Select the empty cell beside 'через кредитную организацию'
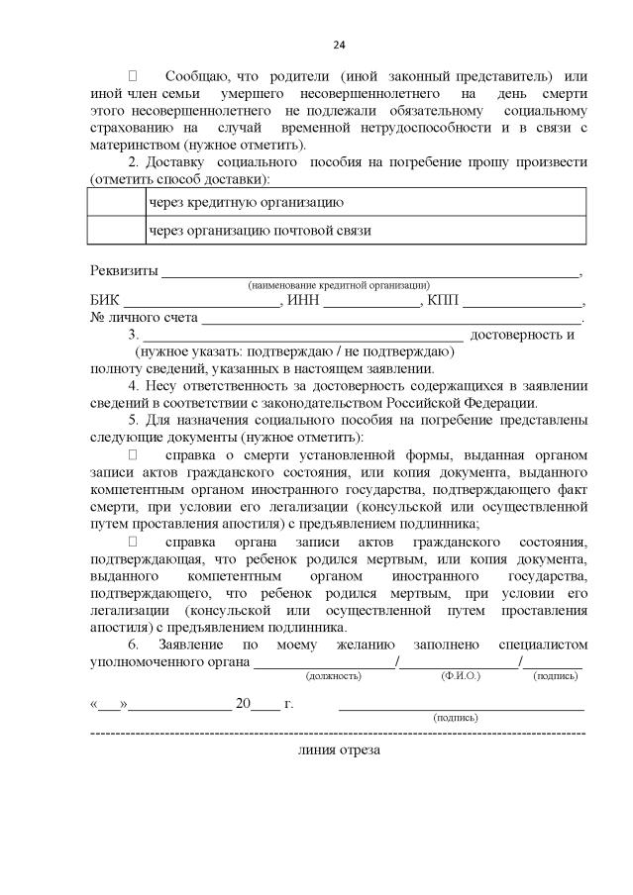click(116, 202)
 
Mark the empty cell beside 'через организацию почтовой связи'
click(116, 231)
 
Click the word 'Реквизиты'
click(124, 271)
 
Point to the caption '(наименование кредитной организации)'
click(339, 285)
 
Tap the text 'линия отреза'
click(338, 749)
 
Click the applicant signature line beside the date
click(461, 705)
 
